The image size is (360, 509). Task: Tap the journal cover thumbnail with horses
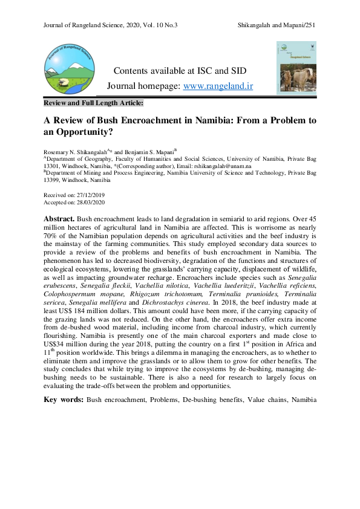click(x=296, y=66)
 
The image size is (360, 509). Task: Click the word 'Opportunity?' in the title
click(x=86, y=131)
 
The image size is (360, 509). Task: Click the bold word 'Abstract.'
click(x=59, y=218)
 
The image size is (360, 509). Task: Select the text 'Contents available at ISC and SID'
click(x=180, y=71)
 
